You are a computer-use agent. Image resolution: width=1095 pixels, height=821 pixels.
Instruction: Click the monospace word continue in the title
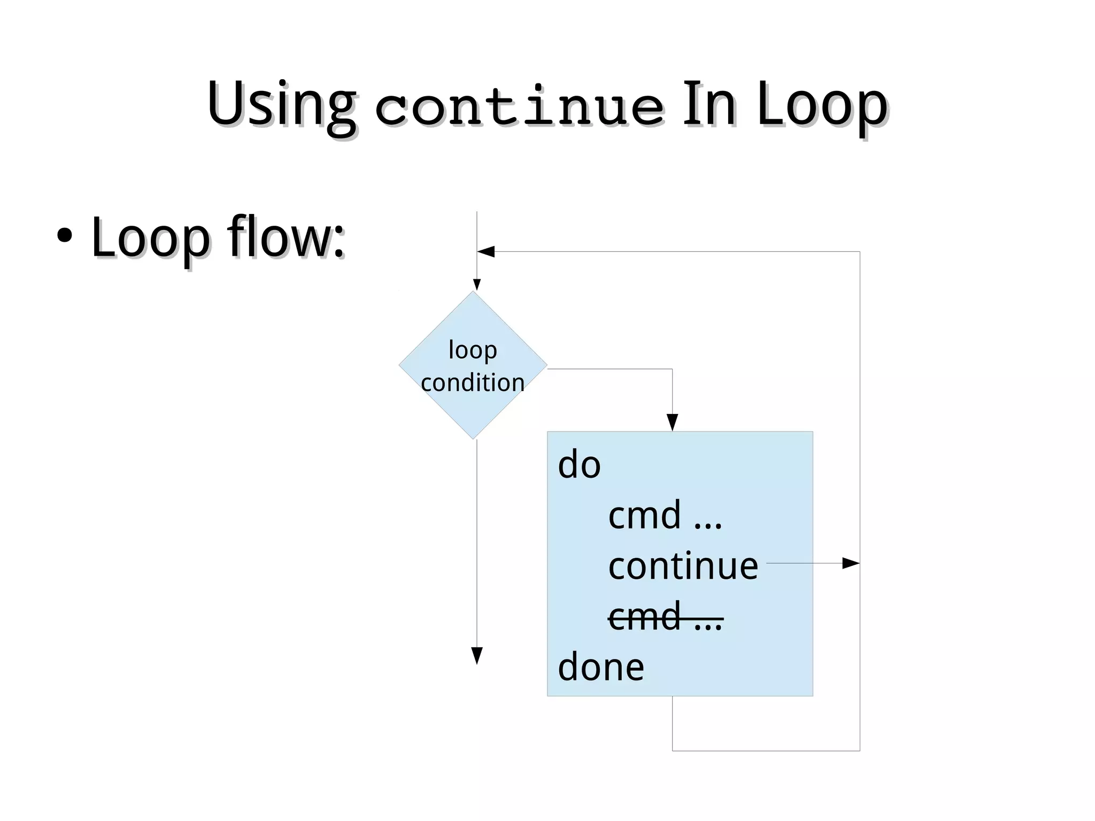520,107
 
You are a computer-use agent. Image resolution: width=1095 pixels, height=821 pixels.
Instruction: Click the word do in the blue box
579,464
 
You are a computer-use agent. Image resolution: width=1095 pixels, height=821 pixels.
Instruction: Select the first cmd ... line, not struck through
665,515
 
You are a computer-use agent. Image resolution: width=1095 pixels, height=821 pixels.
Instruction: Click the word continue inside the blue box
683,565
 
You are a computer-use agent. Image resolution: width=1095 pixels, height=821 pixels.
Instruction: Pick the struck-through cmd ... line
665,617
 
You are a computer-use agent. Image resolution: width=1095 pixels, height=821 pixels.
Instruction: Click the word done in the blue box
601,667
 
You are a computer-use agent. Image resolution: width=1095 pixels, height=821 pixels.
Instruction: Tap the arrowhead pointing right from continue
851,563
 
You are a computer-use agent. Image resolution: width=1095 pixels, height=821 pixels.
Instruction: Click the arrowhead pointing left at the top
485,251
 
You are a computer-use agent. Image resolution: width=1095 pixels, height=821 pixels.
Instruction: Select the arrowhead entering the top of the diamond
477,285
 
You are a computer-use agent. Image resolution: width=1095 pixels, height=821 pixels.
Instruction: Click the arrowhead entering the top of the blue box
673,423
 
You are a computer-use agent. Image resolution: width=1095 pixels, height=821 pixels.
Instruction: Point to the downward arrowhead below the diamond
477,655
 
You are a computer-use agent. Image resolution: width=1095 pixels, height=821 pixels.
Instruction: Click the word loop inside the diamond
473,350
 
